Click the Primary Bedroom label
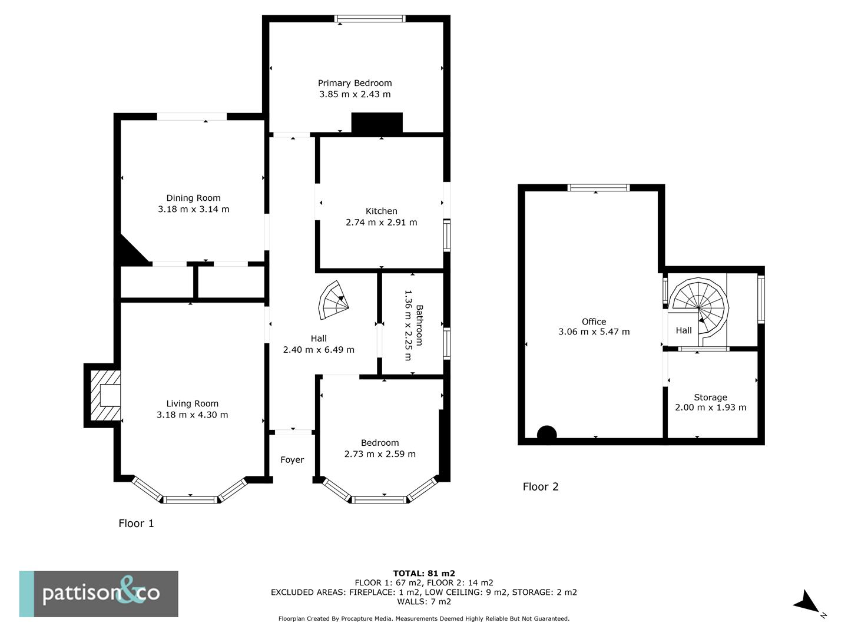click(x=355, y=83)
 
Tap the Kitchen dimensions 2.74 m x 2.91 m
click(x=381, y=222)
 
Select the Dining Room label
click(x=193, y=198)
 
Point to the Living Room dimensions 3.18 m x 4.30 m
click(x=192, y=415)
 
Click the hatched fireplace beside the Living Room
click(x=102, y=395)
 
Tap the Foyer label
click(x=292, y=460)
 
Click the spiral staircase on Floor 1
click(x=333, y=300)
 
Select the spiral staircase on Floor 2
click(x=699, y=307)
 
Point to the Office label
click(x=594, y=322)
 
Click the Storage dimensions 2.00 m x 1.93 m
click(x=710, y=408)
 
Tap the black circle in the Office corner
click(x=546, y=434)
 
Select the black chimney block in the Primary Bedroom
click(x=377, y=123)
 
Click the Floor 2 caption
click(x=541, y=486)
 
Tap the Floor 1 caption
click(x=136, y=523)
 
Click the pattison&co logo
click(x=99, y=594)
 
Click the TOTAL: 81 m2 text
click(x=424, y=573)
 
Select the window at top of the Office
click(x=598, y=188)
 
